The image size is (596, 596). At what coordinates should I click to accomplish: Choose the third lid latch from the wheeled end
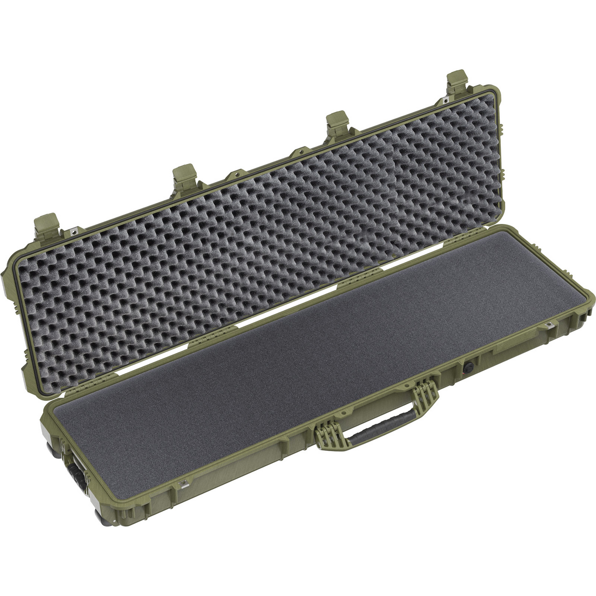coord(337,123)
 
